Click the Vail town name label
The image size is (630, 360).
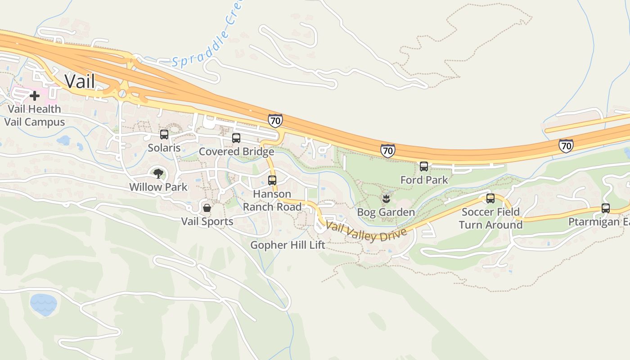80,81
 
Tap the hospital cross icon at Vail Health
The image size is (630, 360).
35,95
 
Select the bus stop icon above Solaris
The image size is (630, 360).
164,134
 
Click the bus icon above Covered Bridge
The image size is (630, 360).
236,138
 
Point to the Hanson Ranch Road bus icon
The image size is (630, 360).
272,180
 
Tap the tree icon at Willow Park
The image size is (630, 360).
158,173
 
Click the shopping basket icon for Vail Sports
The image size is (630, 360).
207,208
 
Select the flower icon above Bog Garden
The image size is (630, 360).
386,198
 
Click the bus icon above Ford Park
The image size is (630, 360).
424,166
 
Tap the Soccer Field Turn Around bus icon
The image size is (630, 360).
490,198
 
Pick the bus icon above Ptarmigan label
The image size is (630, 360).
606,208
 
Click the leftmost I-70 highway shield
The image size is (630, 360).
275,121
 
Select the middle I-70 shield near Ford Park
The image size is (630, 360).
387,150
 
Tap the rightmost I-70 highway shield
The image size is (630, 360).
566,145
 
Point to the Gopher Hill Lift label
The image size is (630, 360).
288,245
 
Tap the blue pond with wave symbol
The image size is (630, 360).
44,304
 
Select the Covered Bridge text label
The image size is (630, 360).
236,152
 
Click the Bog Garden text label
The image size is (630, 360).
386,212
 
